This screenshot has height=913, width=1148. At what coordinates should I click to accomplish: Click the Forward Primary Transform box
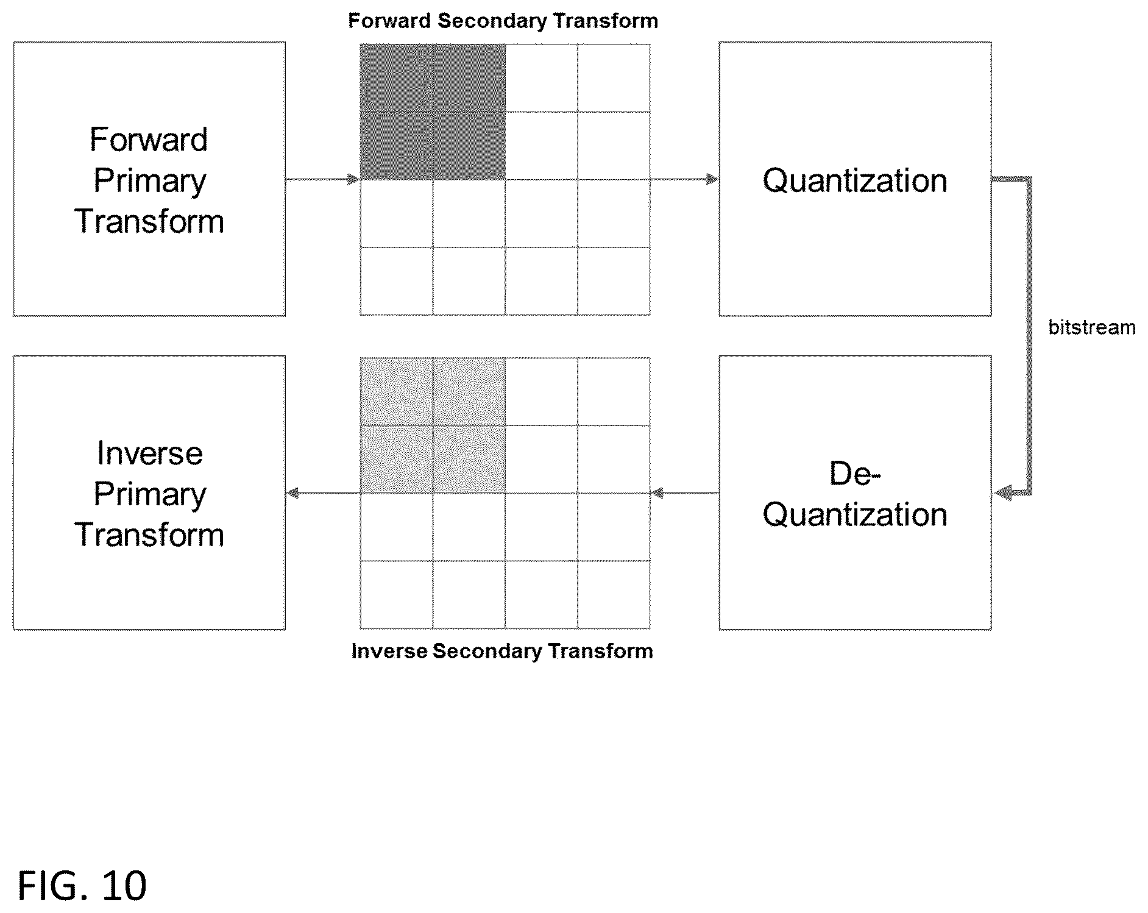149,179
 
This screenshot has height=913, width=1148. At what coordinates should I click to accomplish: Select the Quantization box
855,179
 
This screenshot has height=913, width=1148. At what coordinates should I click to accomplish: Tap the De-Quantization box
855,493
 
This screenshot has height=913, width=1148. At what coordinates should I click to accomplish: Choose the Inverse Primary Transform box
149,493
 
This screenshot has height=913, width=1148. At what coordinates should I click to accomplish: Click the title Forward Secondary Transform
503,21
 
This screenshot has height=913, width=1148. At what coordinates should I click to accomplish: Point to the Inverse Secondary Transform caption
502,652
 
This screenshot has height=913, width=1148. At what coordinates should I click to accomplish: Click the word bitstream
1092,328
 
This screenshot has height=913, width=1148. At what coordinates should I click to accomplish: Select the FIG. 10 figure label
82,886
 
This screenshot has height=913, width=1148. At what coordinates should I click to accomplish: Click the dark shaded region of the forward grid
433,112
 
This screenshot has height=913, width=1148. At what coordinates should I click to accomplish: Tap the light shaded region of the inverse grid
433,425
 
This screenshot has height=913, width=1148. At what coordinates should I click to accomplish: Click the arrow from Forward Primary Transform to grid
323,179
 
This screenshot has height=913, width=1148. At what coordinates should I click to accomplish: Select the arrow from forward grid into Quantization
684,179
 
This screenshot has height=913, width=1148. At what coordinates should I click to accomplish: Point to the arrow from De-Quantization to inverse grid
685,493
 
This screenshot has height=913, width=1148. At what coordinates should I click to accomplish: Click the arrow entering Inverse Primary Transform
323,493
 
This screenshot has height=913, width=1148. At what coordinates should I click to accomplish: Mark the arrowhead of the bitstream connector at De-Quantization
1004,492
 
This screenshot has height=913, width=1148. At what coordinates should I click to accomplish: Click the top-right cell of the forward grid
614,77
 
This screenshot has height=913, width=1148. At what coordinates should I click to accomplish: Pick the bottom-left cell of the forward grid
397,281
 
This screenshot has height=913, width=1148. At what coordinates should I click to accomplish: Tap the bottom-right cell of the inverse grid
614,594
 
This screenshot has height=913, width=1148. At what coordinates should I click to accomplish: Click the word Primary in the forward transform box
150,182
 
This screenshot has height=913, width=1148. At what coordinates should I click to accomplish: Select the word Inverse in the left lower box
150,453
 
